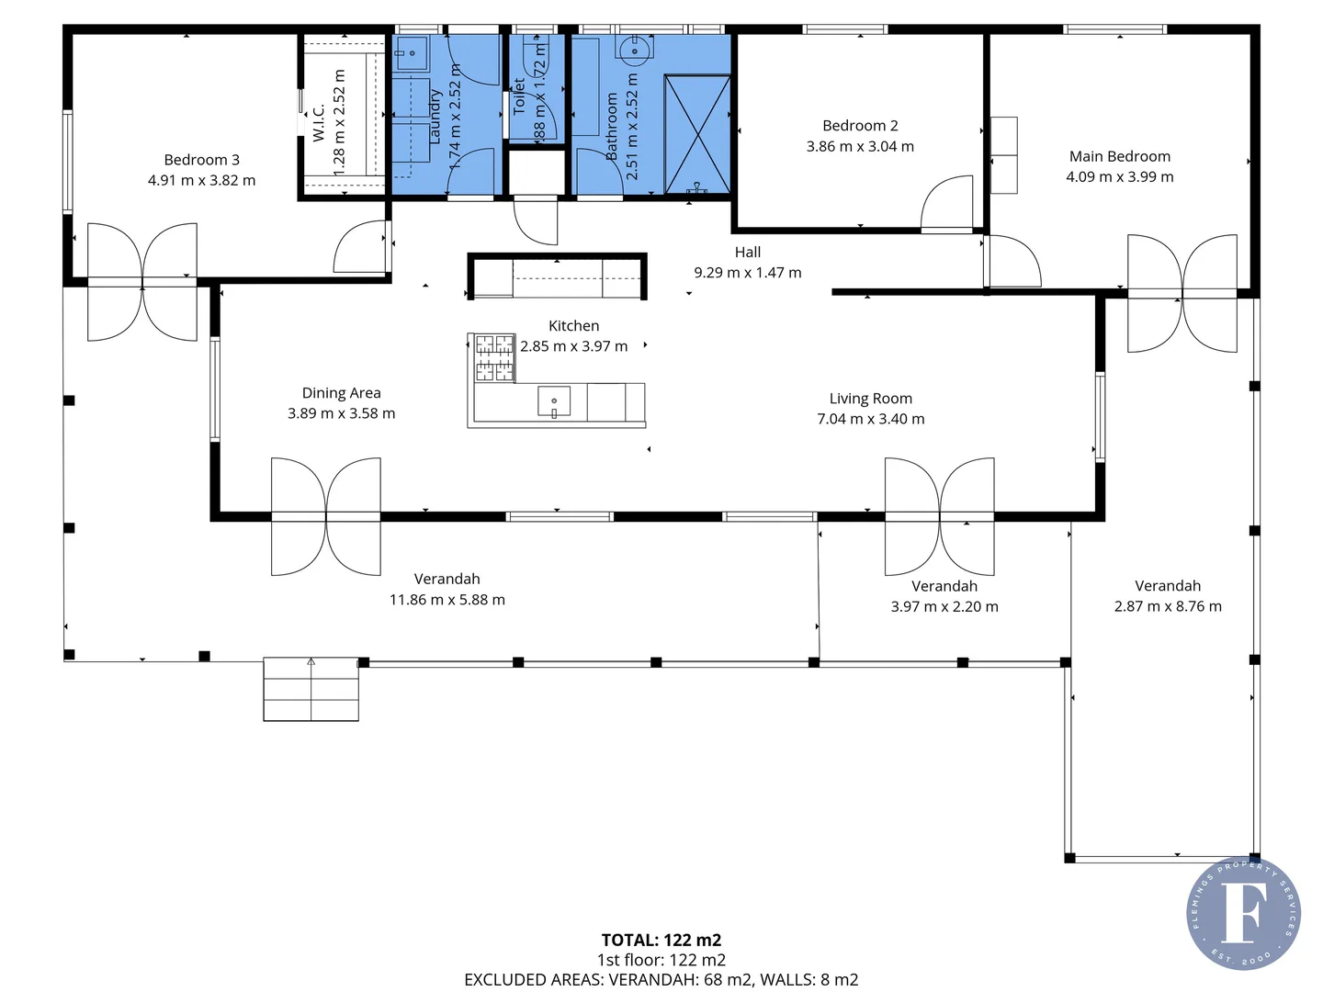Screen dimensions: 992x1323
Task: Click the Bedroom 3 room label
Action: pos(201,160)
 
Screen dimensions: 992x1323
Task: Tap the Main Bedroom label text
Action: pos(1119,156)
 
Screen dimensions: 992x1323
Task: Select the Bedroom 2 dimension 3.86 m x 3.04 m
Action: pos(860,146)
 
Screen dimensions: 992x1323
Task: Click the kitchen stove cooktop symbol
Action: pos(494,357)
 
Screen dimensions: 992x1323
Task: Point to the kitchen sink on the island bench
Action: pos(554,401)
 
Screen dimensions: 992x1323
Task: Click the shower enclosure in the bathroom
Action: pos(697,135)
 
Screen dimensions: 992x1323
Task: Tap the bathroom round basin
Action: pos(634,50)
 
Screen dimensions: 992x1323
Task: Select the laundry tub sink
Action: pos(411,54)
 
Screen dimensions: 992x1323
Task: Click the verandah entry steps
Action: pos(311,689)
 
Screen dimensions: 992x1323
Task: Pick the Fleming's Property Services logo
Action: pos(1242,913)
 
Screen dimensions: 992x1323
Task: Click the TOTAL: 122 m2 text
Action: pos(661,940)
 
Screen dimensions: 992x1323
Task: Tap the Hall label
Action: pos(747,252)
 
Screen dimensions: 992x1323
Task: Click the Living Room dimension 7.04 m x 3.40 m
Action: pos(870,419)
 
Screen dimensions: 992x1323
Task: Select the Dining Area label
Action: pos(341,393)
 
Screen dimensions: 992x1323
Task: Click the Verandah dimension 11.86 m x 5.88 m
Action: pos(447,600)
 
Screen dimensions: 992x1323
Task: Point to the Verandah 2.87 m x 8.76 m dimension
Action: pos(1167,606)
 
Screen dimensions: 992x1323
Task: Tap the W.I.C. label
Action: pos(319,122)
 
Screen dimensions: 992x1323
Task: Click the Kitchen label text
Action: pos(573,326)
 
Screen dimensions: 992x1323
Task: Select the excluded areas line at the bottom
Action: pos(661,979)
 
